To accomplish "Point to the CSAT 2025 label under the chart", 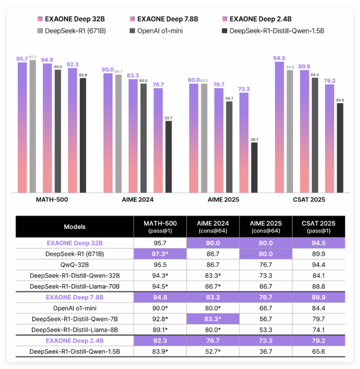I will [x=309, y=200].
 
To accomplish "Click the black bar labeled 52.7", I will [x=168, y=157].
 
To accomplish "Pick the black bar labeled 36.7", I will [x=254, y=168].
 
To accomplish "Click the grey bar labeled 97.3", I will [x=33, y=126].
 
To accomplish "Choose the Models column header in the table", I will [x=74, y=227].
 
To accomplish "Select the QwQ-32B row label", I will [x=74, y=265].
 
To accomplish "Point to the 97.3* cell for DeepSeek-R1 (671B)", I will [x=160, y=254].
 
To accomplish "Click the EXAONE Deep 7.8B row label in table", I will [x=74, y=298].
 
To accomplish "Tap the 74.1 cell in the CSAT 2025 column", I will [x=319, y=330].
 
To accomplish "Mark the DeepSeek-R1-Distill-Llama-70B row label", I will [x=74, y=287].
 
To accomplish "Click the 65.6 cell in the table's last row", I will [x=319, y=352].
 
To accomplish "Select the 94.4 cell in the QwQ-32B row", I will [x=319, y=265].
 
